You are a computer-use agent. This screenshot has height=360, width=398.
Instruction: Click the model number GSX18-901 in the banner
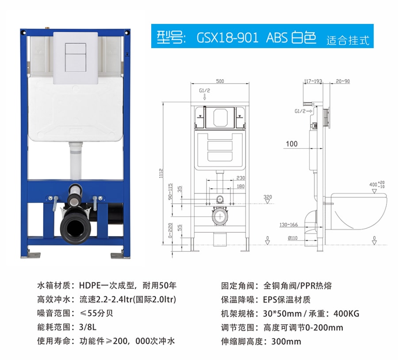(227, 38)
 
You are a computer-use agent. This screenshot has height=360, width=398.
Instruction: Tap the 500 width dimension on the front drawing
(220, 81)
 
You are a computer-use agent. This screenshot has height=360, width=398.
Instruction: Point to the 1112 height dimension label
(161, 173)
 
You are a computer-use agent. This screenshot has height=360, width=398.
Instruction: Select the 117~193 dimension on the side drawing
(313, 81)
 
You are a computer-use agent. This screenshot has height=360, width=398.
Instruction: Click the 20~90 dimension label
(343, 81)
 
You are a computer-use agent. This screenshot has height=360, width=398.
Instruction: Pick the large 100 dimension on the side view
(292, 144)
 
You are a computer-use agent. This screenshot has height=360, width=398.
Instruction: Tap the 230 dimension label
(241, 178)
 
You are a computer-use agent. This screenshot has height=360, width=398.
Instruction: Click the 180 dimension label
(241, 186)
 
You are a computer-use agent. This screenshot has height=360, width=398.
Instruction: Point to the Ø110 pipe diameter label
(292, 238)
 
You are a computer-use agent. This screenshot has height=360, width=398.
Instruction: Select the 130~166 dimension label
(289, 225)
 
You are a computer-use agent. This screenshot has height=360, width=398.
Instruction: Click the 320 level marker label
(268, 197)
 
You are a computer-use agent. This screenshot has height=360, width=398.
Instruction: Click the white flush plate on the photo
(76, 58)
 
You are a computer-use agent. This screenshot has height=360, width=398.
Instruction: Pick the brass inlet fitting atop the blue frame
(47, 28)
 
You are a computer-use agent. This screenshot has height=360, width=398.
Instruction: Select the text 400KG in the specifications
(346, 314)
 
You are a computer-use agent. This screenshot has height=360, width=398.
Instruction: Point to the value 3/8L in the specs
(88, 327)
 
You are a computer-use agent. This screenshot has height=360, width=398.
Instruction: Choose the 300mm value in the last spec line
(286, 341)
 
